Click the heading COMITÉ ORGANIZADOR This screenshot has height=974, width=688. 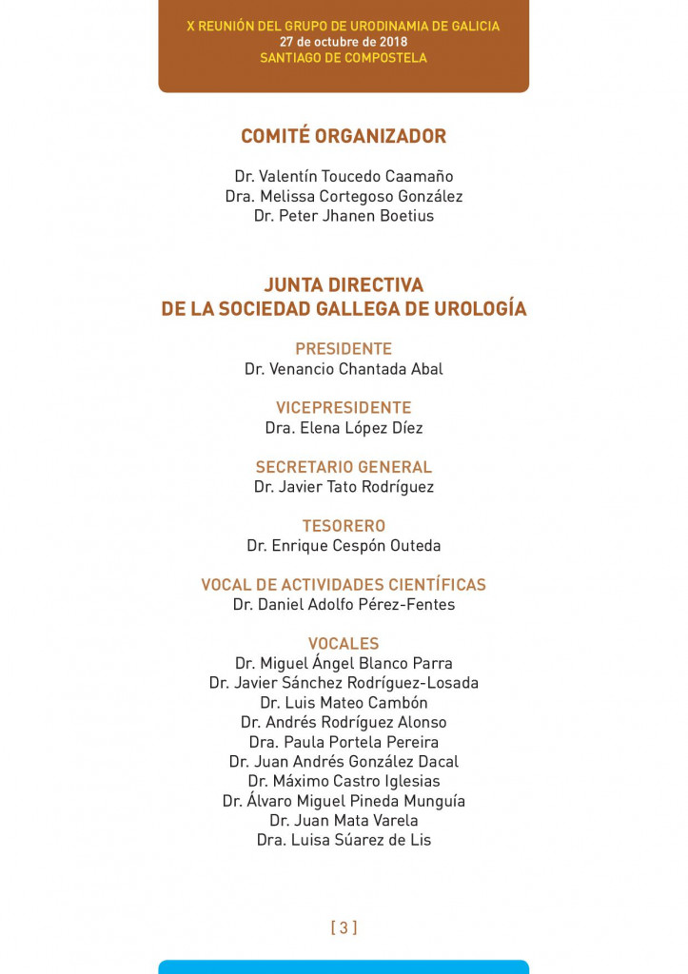[344, 136]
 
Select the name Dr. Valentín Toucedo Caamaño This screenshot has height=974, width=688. [344, 177]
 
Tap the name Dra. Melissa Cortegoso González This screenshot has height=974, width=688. [344, 196]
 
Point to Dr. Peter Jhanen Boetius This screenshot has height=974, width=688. [344, 216]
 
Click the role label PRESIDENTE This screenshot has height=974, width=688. [344, 349]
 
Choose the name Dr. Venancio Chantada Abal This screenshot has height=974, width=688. [344, 369]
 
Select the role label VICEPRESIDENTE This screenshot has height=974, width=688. [344, 408]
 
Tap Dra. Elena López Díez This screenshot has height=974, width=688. [344, 428]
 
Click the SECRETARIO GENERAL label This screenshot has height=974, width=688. [344, 467]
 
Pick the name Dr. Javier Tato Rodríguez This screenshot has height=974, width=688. [344, 487]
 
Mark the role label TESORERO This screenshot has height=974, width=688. [344, 526]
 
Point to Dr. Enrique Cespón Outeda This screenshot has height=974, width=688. [344, 546]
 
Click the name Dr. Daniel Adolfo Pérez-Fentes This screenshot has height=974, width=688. [344, 605]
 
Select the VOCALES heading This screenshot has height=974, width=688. [344, 644]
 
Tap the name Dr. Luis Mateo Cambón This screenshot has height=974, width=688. [344, 703]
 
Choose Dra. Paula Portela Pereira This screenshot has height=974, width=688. [344, 742]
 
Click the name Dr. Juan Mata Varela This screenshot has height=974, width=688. [344, 820]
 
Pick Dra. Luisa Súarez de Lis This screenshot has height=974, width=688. [344, 840]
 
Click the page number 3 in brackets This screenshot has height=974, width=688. [344, 927]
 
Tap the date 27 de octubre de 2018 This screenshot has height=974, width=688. [344, 42]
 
